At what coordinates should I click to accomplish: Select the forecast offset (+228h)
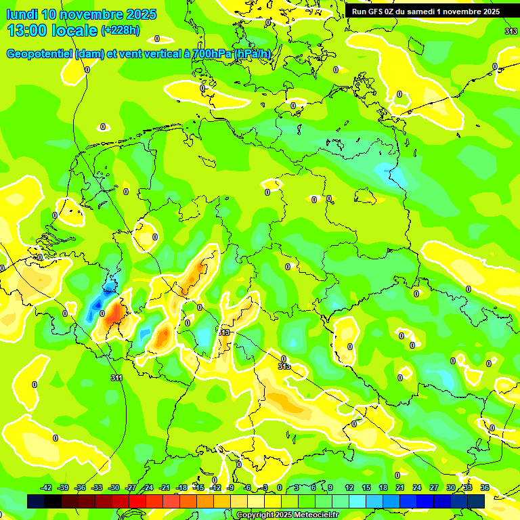tap(121, 30)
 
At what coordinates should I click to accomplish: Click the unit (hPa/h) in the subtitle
tap(253, 53)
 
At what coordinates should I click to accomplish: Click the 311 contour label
tap(116, 378)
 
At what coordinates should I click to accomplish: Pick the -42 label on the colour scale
tap(47, 487)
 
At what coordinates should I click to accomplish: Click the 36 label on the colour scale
tap(485, 487)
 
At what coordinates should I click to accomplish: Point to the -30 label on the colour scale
tap(114, 487)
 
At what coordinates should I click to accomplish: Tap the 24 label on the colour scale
tap(417, 487)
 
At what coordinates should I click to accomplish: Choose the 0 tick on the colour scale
tap(280, 487)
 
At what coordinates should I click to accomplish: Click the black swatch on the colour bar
tap(36, 501)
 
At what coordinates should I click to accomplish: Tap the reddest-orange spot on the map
tap(114, 312)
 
